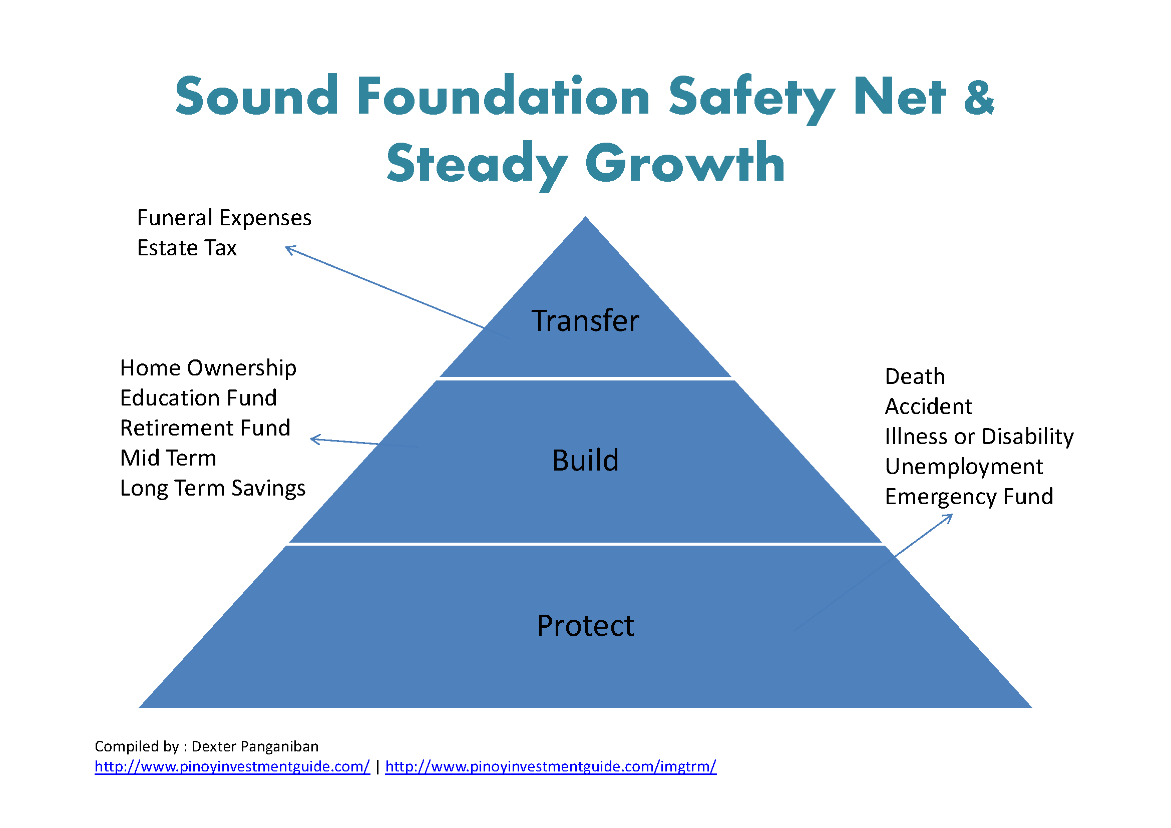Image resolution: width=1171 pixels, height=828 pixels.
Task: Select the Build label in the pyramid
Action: click(586, 461)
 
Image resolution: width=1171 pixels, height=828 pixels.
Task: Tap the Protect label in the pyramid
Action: click(586, 626)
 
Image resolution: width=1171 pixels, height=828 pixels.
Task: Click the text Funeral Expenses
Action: click(224, 218)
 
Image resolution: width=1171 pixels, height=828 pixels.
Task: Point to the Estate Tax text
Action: click(187, 248)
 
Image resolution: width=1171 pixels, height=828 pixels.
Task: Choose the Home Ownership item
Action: click(208, 368)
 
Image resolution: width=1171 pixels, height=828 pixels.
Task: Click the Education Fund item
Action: click(198, 397)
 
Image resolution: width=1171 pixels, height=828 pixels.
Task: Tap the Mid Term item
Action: click(168, 458)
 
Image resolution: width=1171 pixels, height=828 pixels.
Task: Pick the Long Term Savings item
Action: click(213, 489)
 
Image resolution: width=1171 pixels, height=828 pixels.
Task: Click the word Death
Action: click(915, 377)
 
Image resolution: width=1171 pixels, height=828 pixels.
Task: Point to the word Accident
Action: click(929, 407)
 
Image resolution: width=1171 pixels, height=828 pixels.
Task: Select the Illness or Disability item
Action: click(979, 437)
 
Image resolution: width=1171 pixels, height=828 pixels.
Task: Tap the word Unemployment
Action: click(964, 467)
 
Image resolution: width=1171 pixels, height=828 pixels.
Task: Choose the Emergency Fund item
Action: click(969, 497)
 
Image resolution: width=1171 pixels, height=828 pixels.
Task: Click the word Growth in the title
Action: click(685, 163)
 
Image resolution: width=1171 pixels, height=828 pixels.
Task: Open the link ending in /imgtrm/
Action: click(551, 767)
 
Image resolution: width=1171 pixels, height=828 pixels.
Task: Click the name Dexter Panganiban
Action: click(255, 747)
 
